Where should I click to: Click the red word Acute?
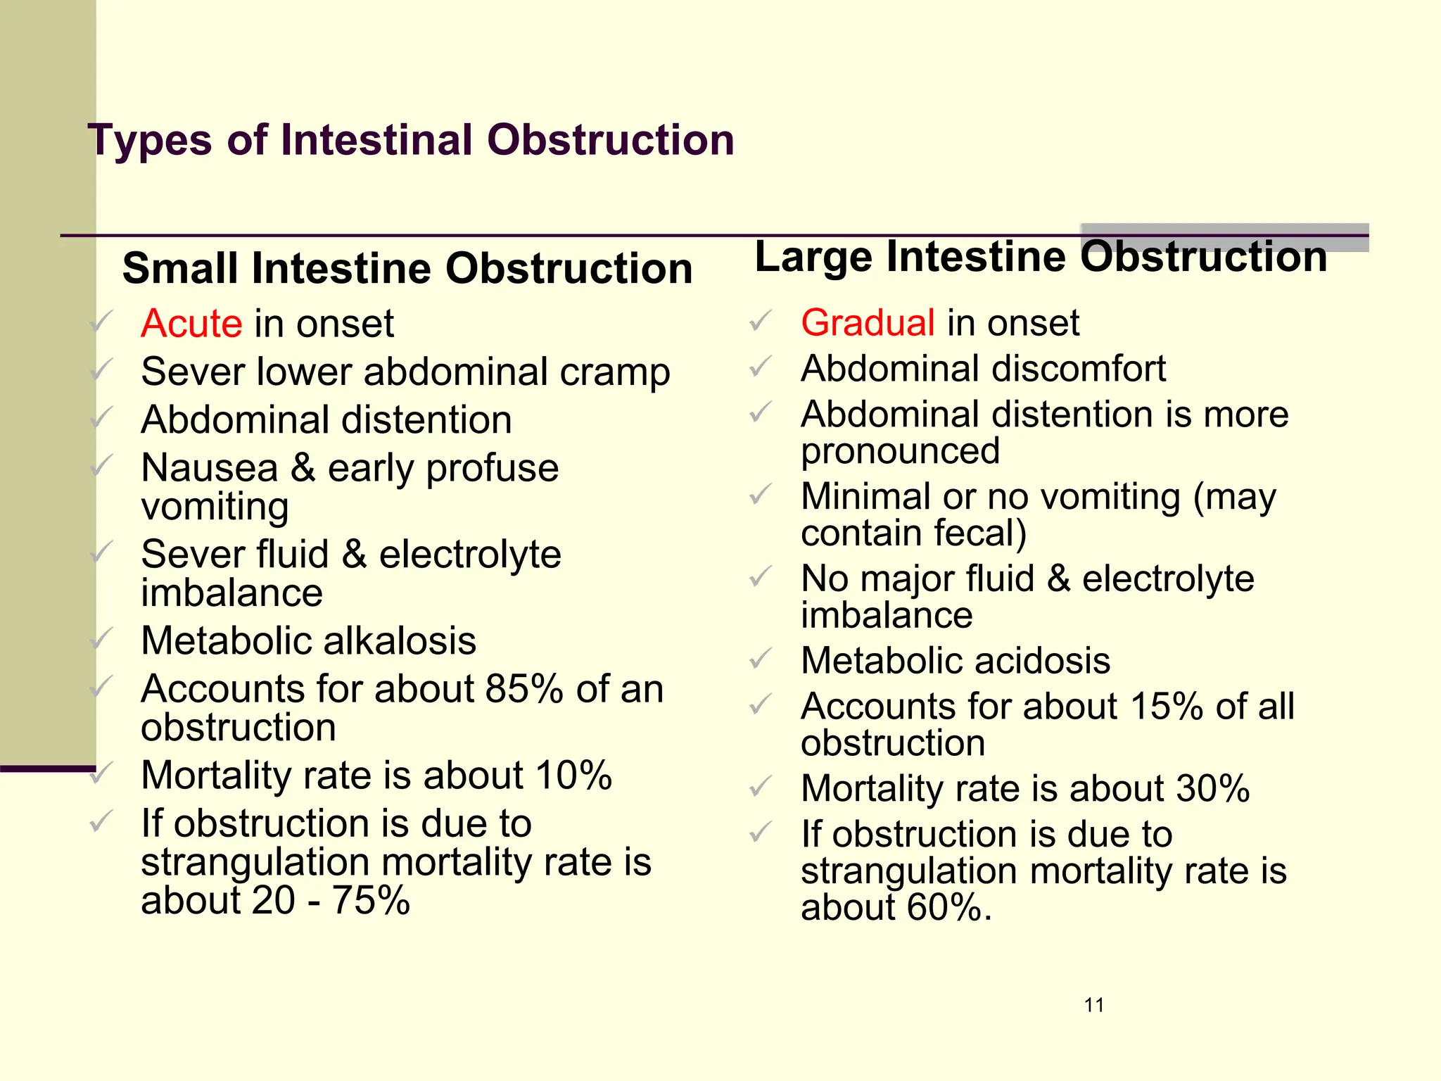point(191,324)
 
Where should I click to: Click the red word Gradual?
point(868,323)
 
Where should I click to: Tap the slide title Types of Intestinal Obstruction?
point(411,139)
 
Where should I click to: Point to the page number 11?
point(1094,1005)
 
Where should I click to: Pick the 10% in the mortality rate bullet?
point(573,776)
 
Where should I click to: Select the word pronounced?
point(900,452)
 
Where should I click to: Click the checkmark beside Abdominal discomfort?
point(761,367)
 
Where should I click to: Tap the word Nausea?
point(210,469)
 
